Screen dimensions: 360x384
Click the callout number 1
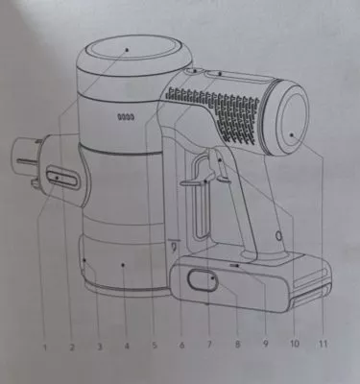click(45, 347)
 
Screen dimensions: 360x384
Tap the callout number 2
click(72, 347)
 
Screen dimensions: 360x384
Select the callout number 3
click(100, 347)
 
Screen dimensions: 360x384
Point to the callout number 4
click(127, 346)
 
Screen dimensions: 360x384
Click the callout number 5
click(155, 346)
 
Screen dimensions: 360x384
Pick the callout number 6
click(181, 345)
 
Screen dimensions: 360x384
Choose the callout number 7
click(209, 345)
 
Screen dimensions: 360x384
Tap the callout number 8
click(237, 345)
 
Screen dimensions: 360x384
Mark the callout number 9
click(265, 344)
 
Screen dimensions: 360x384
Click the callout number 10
click(295, 344)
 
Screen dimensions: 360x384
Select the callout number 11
click(323, 344)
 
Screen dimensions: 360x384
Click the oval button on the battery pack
click(203, 280)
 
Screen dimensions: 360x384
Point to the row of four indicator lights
click(126, 117)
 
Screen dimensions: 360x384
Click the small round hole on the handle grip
click(279, 236)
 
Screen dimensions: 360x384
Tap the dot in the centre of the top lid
click(127, 50)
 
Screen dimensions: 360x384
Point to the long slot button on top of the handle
click(238, 77)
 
